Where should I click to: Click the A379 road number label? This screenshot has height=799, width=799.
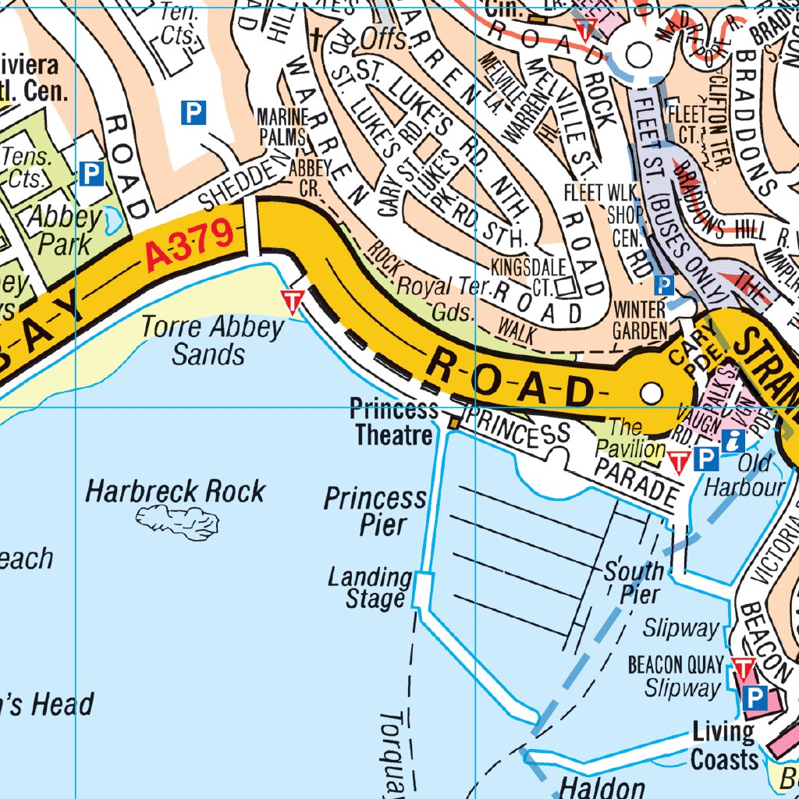189,247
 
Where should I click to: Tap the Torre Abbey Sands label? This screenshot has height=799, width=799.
212,341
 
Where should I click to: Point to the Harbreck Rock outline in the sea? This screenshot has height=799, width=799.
177,521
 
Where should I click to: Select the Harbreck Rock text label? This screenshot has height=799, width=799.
176,492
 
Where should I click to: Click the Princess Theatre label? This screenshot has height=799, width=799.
393,421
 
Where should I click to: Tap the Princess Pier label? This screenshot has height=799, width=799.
376,510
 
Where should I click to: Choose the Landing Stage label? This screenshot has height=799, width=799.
371,588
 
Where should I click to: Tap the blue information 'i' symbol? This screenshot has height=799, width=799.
733,440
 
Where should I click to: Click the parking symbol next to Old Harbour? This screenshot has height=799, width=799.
706,459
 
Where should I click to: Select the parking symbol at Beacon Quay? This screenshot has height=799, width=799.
754,697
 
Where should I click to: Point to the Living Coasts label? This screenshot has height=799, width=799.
723,745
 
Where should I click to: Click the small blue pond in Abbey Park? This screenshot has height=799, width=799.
114,222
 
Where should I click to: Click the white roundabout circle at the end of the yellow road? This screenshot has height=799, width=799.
651,395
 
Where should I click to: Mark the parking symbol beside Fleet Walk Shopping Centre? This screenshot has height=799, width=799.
664,285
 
